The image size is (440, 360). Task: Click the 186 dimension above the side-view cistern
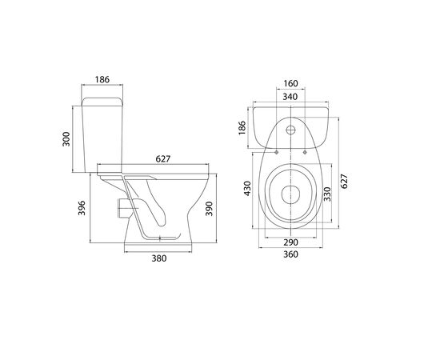point(102,80)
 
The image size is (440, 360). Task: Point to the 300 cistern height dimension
point(66,139)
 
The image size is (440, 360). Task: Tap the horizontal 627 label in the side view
point(163,159)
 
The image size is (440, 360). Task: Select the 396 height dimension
point(82,208)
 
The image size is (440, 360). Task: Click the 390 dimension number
point(209,209)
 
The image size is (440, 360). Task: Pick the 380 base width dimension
point(159,258)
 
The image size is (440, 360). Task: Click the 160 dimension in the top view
point(290,84)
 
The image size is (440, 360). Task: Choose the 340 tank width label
point(290,97)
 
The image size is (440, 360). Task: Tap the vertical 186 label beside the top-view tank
point(242,128)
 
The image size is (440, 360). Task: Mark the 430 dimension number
point(247,189)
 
